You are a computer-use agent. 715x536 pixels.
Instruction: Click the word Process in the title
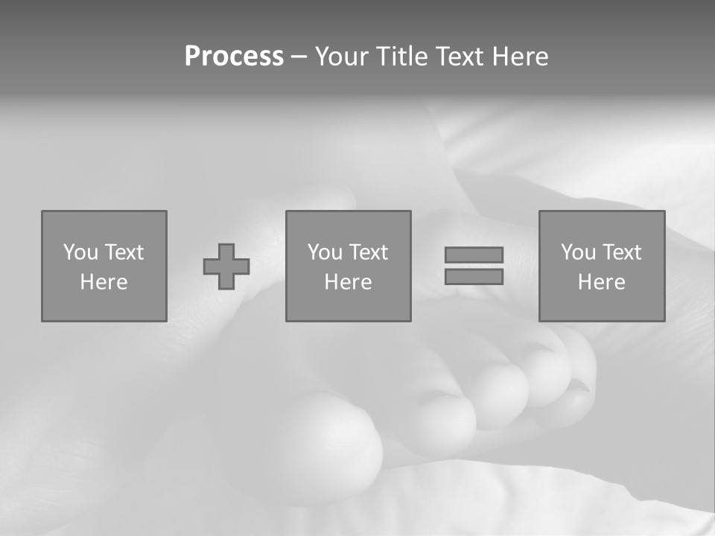(234, 57)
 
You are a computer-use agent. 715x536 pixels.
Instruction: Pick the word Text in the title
(457, 57)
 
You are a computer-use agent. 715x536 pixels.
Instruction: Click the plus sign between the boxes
(226, 267)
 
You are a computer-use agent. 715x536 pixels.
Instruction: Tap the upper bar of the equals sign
(474, 255)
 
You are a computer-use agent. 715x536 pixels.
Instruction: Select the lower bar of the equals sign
(474, 277)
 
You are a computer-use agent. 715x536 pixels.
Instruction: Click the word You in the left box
(80, 252)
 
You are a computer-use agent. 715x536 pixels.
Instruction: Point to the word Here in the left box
(104, 282)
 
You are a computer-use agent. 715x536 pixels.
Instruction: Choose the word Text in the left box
(124, 252)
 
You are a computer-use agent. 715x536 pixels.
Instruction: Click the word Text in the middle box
(368, 252)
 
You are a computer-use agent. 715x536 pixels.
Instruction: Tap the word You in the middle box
(325, 252)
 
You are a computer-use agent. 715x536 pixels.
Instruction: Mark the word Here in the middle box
(348, 282)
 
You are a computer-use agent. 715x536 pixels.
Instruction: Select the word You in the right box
(578, 252)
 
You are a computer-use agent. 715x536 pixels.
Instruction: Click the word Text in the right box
(621, 252)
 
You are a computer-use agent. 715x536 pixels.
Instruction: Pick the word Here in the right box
(601, 282)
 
